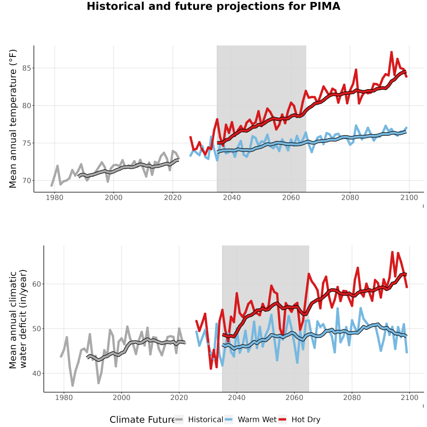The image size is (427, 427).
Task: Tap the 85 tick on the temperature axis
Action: point(27,68)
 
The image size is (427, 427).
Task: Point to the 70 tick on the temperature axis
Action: point(27,181)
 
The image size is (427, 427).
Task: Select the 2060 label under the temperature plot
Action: point(291,197)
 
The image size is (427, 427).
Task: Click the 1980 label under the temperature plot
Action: point(55,197)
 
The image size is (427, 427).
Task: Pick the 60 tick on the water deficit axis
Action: point(37,284)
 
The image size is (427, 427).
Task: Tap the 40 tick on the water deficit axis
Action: point(37,373)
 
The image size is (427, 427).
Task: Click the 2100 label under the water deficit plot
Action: point(409,398)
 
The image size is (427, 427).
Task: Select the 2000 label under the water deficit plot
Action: point(121,398)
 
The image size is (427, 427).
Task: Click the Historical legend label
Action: point(205,419)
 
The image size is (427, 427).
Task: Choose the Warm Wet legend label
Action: point(257,419)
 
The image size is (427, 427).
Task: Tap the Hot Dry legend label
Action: point(306,419)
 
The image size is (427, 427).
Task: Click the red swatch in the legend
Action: point(282,419)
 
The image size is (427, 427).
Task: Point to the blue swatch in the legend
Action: point(229,419)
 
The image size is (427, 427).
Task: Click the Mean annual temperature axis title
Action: point(13,119)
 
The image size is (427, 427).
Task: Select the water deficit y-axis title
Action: point(18,319)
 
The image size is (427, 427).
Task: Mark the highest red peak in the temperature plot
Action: point(391,52)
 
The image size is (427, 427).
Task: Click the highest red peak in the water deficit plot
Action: point(392,252)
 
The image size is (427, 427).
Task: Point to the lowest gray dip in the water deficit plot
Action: point(73,385)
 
